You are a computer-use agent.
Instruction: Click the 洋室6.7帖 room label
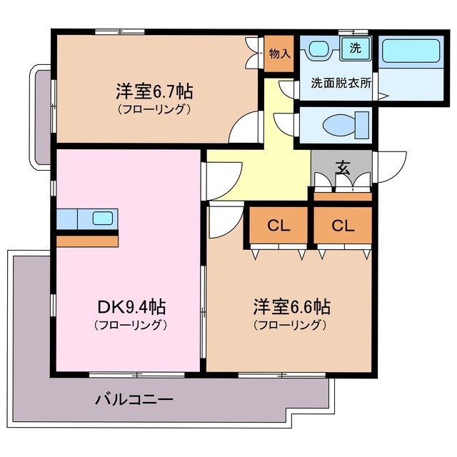click(155, 92)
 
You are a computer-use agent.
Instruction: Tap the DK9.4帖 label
click(131, 308)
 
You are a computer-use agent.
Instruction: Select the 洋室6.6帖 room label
click(291, 308)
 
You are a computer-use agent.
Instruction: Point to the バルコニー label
click(134, 399)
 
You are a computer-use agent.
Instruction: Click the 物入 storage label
click(279, 54)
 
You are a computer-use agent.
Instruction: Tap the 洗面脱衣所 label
click(341, 82)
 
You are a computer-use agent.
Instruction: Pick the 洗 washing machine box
click(354, 49)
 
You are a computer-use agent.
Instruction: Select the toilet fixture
click(343, 126)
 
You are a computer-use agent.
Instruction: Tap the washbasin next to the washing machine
click(318, 50)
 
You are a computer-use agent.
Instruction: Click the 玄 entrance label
click(343, 169)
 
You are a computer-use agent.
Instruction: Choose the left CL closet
click(278, 226)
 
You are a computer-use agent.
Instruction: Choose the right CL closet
click(343, 226)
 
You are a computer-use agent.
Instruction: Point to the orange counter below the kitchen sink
click(87, 241)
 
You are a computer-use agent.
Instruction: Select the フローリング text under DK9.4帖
click(131, 326)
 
